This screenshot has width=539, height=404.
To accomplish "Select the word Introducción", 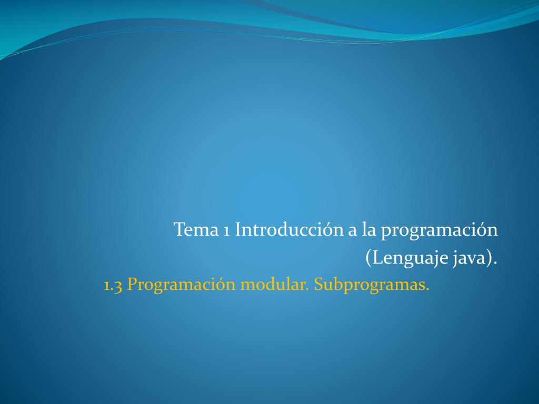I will click(x=289, y=230).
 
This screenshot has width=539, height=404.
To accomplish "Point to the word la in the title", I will click(x=368, y=230).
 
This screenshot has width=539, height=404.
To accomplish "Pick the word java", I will click(x=470, y=259).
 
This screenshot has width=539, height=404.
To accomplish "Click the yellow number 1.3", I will click(x=113, y=285).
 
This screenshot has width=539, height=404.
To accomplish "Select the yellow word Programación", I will click(x=182, y=286).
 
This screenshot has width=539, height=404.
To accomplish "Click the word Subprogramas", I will click(x=371, y=286).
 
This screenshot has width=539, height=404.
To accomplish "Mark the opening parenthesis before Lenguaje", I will click(x=368, y=259).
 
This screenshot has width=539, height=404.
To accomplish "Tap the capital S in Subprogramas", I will click(x=318, y=285).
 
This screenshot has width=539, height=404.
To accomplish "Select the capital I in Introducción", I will click(x=238, y=230).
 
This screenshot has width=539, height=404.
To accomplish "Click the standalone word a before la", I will click(x=353, y=231).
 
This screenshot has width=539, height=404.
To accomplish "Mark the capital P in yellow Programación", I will click(x=132, y=285).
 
